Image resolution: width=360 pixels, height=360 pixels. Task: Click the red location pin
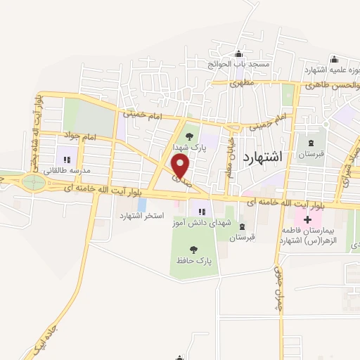[181, 166]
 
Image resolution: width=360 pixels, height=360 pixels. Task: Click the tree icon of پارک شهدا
[188, 136]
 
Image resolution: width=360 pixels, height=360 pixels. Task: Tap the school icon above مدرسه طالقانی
[67, 160]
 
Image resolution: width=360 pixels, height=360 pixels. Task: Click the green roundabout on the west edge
[32, 183]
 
